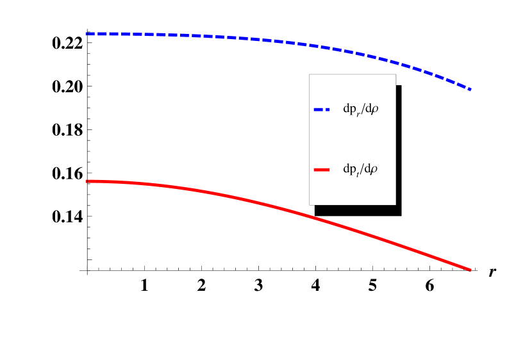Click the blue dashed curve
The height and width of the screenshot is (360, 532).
256,39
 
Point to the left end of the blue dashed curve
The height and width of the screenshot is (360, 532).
87,34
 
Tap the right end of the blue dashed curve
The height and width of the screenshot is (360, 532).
471,90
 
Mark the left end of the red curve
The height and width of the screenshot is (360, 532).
87,181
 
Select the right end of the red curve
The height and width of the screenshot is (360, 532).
471,270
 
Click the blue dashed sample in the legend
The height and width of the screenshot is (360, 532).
322,110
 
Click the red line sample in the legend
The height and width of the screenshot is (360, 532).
322,170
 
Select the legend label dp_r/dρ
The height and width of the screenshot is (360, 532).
360,110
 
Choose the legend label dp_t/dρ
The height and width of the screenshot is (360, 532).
360,170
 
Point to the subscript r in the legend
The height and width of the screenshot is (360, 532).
358,113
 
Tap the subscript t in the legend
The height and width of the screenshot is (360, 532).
358,174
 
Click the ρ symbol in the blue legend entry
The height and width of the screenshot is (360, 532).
374,110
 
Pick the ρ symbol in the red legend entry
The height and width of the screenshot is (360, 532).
374,170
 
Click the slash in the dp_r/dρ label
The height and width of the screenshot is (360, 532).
362,110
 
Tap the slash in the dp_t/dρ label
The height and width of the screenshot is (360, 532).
362,170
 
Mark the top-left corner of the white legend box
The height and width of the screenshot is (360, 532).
310,75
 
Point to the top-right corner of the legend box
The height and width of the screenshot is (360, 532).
395,75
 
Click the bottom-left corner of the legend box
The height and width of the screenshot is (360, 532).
310,204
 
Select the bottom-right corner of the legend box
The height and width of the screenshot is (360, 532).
395,204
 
